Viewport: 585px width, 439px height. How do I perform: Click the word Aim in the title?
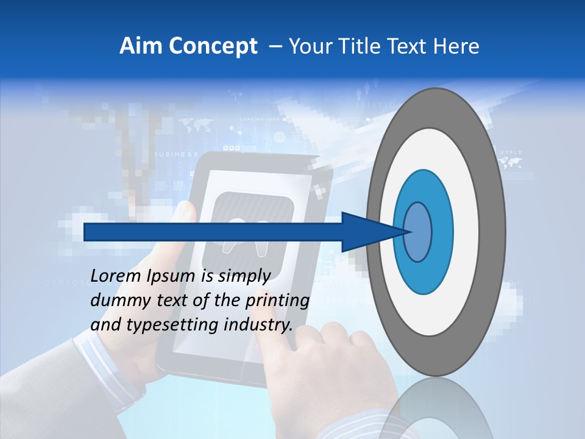point(141,46)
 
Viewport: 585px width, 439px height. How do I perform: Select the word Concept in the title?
point(213,47)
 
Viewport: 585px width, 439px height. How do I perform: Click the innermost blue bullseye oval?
point(418,232)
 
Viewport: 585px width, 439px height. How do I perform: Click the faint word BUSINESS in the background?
point(176,154)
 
